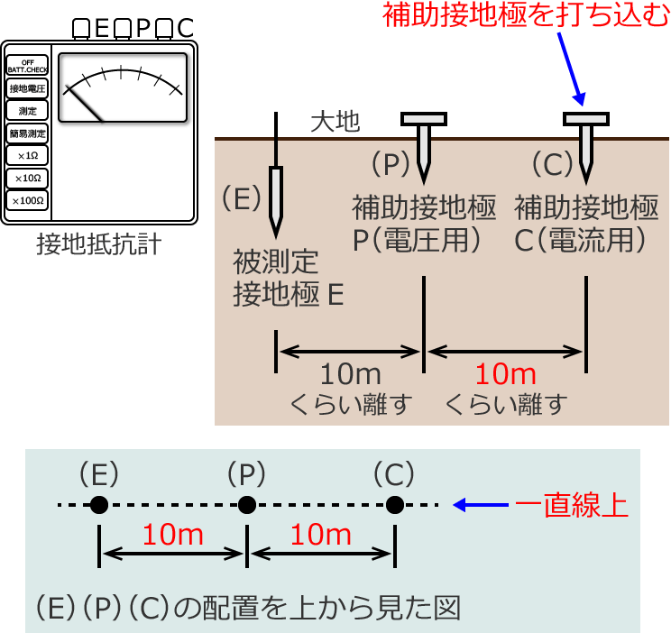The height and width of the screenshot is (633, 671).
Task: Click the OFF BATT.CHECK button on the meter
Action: (x=27, y=66)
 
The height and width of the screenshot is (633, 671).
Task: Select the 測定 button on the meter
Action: (x=27, y=110)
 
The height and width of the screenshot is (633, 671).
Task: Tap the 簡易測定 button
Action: (x=27, y=133)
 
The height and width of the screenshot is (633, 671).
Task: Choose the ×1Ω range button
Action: (x=27, y=155)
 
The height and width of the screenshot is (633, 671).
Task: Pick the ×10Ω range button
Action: (x=27, y=178)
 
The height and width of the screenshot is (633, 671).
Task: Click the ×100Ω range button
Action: (x=27, y=200)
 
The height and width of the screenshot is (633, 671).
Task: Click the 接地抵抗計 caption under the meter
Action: (x=99, y=244)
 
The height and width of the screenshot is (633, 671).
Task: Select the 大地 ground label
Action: (x=335, y=121)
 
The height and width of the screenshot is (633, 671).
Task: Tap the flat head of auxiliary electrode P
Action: (x=423, y=118)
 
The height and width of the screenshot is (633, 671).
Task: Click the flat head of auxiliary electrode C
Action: (x=586, y=118)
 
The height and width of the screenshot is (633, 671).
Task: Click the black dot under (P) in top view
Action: (x=246, y=505)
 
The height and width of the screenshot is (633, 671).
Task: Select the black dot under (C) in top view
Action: (x=394, y=505)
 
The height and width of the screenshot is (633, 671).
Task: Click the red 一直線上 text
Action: (x=571, y=505)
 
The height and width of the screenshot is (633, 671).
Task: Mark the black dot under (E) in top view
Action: (x=99, y=505)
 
